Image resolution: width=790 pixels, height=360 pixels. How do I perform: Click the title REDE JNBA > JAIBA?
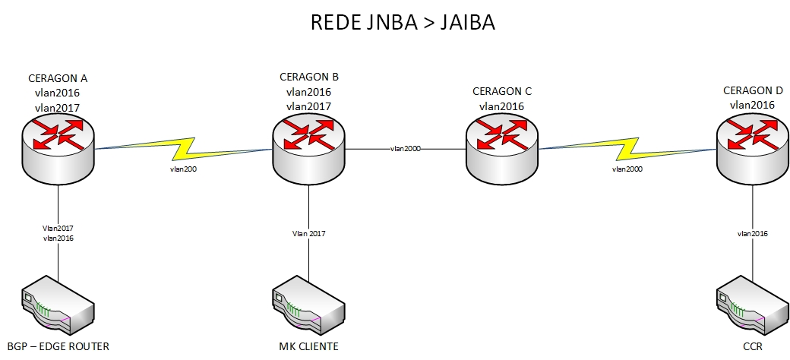click(403, 23)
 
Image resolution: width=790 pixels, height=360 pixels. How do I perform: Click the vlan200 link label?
click(183, 169)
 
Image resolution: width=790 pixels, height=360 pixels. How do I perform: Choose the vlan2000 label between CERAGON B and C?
click(406, 149)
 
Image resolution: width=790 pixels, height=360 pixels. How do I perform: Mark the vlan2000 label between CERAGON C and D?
click(627, 169)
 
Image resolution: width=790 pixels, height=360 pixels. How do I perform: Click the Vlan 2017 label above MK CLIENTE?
click(308, 233)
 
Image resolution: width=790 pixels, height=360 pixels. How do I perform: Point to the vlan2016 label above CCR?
click(752, 233)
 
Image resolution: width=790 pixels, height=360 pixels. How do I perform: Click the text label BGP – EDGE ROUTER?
click(58, 347)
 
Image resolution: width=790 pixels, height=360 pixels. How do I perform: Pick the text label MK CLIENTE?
click(308, 347)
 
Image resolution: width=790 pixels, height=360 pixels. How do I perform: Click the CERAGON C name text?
click(501, 92)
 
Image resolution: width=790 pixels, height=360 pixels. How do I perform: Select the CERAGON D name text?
click(752, 91)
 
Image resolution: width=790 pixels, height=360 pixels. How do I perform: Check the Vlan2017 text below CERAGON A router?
click(58, 227)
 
